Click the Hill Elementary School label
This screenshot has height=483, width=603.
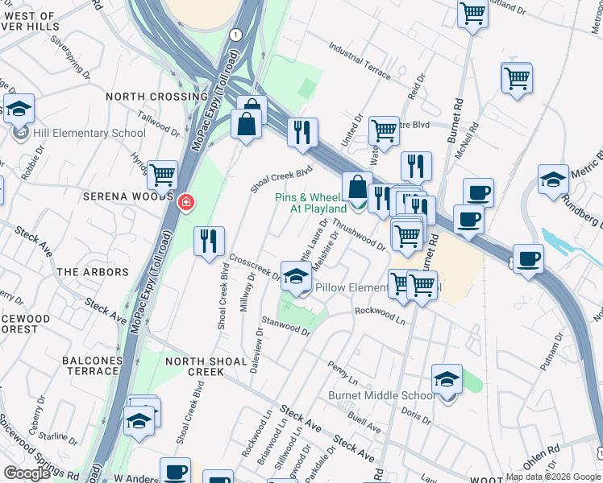coord(89,133)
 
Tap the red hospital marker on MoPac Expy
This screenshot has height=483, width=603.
coord(185,201)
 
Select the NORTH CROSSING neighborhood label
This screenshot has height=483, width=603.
coord(156,97)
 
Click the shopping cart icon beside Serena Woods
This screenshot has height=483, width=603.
coord(163,173)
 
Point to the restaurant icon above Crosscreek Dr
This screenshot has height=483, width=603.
coord(209,241)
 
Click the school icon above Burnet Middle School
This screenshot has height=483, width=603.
coord(447,378)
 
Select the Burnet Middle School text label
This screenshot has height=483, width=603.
coord(381,395)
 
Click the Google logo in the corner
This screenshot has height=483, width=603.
coord(27,473)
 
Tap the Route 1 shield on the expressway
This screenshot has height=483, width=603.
coord(235,35)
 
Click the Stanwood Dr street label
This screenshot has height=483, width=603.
coord(286,326)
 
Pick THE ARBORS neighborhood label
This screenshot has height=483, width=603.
coord(93,272)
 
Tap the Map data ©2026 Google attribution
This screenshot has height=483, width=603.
coord(552,477)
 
